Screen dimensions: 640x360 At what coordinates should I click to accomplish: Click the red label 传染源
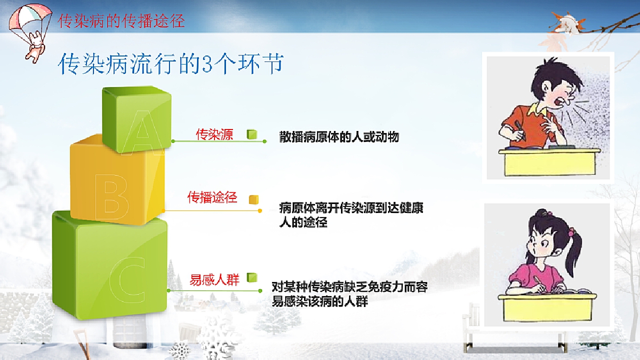pyautogui.click(x=214, y=134)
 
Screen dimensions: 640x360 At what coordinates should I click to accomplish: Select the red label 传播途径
pyautogui.click(x=212, y=197)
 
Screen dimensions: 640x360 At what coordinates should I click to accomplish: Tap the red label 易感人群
pyautogui.click(x=214, y=279)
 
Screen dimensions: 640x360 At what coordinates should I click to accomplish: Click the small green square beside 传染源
pyautogui.click(x=252, y=134)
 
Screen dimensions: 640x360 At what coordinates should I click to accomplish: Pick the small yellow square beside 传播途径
pyautogui.click(x=253, y=199)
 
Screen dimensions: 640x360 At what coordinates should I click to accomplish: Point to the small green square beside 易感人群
pyautogui.click(x=252, y=277)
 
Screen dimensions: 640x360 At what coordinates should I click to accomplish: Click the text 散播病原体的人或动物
pyautogui.click(x=339, y=137)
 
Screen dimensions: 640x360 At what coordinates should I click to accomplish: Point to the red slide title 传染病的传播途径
pyautogui.click(x=121, y=21)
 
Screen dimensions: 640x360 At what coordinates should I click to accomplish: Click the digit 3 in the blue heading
pyautogui.click(x=207, y=64)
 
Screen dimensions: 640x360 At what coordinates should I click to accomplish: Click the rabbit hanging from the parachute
pyautogui.click(x=35, y=47)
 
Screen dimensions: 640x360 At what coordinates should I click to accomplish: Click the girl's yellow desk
pyautogui.click(x=547, y=307)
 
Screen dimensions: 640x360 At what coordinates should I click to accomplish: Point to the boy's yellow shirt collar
pyautogui.click(x=537, y=110)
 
